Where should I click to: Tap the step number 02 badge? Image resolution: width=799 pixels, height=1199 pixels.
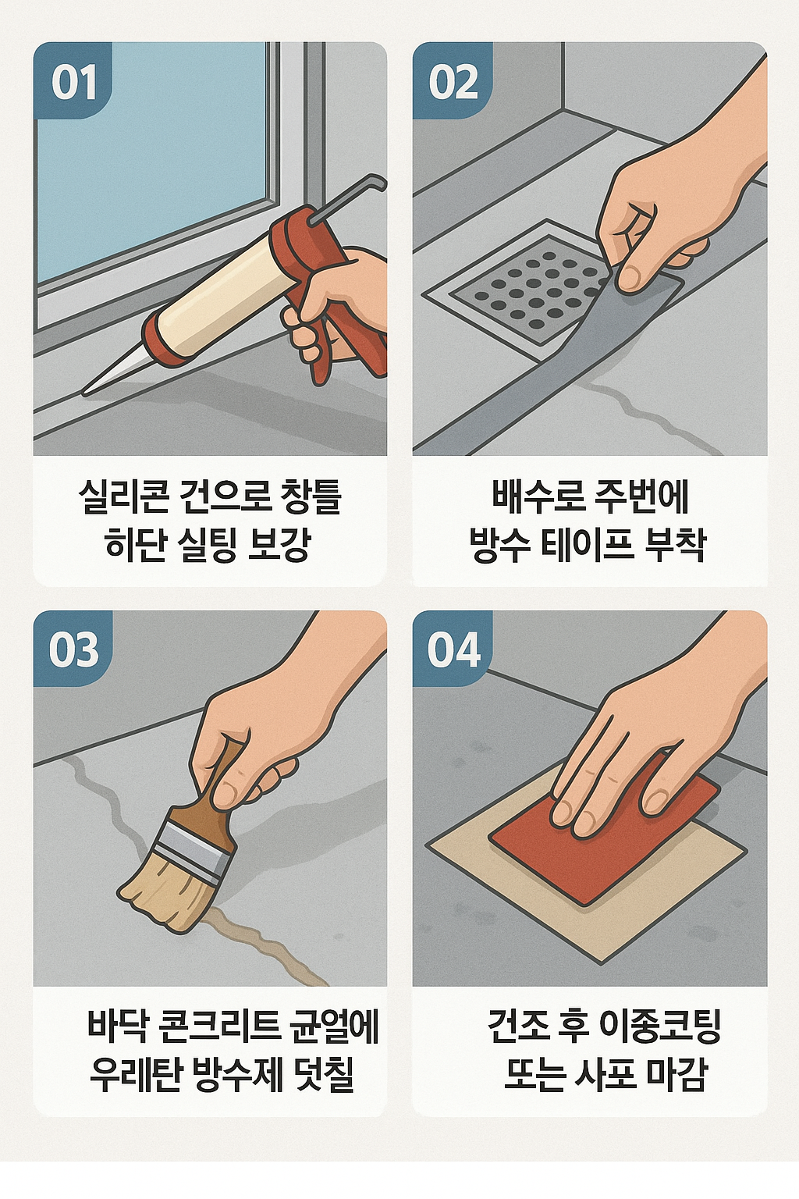click(453, 81)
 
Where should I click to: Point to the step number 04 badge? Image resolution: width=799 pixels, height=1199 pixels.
click(453, 649)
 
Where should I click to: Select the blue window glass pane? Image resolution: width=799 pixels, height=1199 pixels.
click(150, 161)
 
